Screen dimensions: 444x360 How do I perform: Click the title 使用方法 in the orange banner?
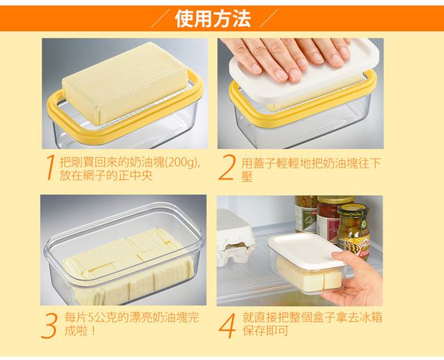(213, 19)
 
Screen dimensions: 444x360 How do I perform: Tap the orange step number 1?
(50, 167)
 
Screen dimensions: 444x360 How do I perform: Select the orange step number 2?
(226, 167)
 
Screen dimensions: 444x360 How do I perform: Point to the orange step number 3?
(50, 326)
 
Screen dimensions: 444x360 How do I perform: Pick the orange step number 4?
(227, 326)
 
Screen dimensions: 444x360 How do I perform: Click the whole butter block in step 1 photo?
(124, 82)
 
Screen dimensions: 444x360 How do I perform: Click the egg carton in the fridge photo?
(235, 238)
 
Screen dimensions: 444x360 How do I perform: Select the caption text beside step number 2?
(310, 170)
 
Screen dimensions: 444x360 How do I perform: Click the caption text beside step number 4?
(312, 324)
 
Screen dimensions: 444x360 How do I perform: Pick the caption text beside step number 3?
(132, 324)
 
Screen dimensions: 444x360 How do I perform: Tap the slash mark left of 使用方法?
(161, 19)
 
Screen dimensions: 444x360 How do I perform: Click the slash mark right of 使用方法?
(269, 19)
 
